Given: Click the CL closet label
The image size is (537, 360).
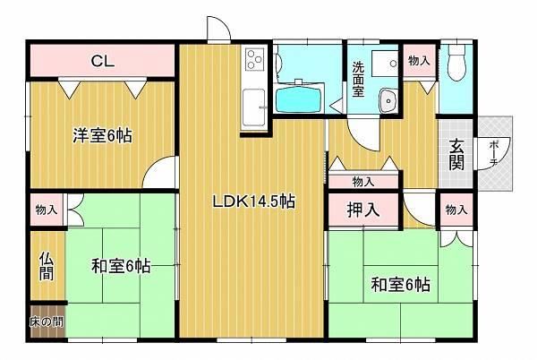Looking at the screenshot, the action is (103, 61).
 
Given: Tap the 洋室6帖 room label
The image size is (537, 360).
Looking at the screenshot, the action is (102, 135).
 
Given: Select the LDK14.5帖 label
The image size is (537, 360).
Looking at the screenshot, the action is (254, 201).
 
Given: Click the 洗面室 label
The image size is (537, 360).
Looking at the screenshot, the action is (359, 79).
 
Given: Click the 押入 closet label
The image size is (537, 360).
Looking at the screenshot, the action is (363, 210).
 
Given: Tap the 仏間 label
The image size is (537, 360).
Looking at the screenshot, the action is (47, 266).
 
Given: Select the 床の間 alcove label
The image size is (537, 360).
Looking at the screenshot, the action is (47, 322).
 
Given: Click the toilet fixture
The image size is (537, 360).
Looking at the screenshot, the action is (456, 63).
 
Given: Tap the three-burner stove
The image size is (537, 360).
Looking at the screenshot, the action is (255, 60).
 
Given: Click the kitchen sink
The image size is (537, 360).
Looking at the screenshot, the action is (254, 107).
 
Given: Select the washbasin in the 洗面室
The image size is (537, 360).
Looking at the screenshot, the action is (388, 100).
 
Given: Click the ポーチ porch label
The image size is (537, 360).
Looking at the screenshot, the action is (493, 154).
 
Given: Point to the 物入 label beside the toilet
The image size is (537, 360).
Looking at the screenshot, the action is (419, 61).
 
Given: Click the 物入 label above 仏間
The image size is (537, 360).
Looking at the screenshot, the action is (47, 210).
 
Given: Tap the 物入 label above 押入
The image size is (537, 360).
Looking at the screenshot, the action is (363, 182).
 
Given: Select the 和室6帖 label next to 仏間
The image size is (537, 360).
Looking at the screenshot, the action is (121, 266).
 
